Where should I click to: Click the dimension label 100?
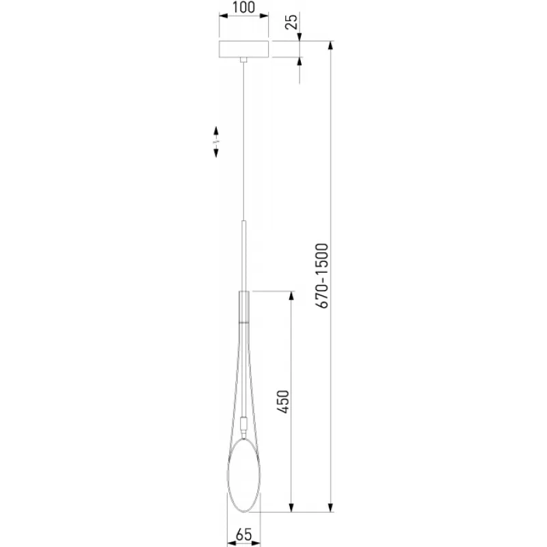tap(243, 7)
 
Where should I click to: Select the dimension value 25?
tap(292, 22)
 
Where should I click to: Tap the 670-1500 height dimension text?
tap(321, 276)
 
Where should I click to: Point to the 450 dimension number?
tap(283, 402)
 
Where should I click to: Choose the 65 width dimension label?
tap(243, 535)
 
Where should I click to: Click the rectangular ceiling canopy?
tap(244, 49)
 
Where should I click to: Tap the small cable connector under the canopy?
tap(244, 59)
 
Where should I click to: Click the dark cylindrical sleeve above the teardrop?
tap(244, 306)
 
